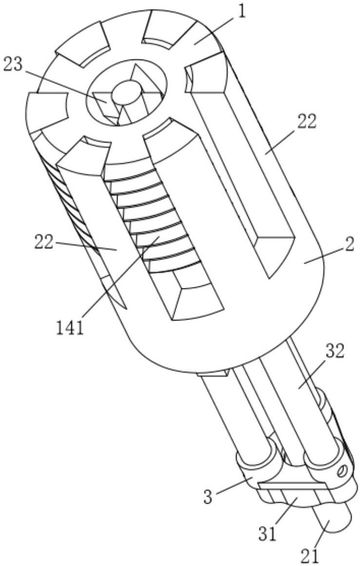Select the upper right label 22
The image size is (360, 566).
coord(307,121)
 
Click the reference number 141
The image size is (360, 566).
coord(70,328)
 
